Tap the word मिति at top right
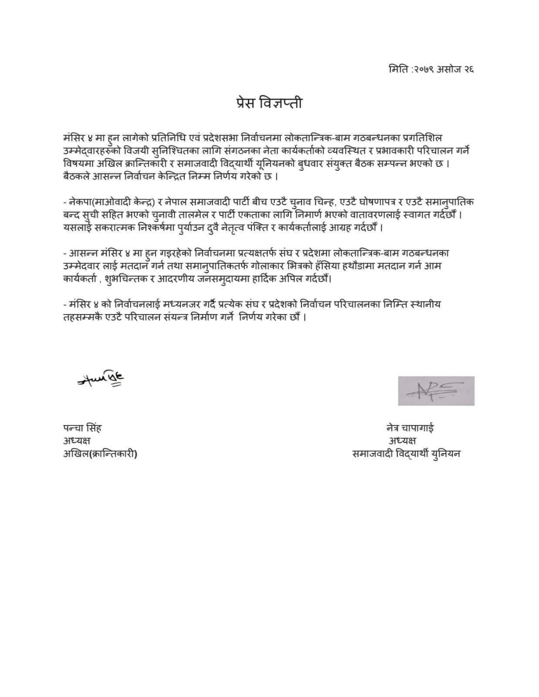(x=398, y=69)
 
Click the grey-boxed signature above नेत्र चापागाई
(x=436, y=391)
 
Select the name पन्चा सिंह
(x=82, y=428)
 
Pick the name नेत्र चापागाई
(x=410, y=428)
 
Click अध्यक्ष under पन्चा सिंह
(x=77, y=441)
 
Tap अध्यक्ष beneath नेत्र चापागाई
(x=402, y=441)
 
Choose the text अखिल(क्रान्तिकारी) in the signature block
(x=100, y=454)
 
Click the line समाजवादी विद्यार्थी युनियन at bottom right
(x=406, y=454)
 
